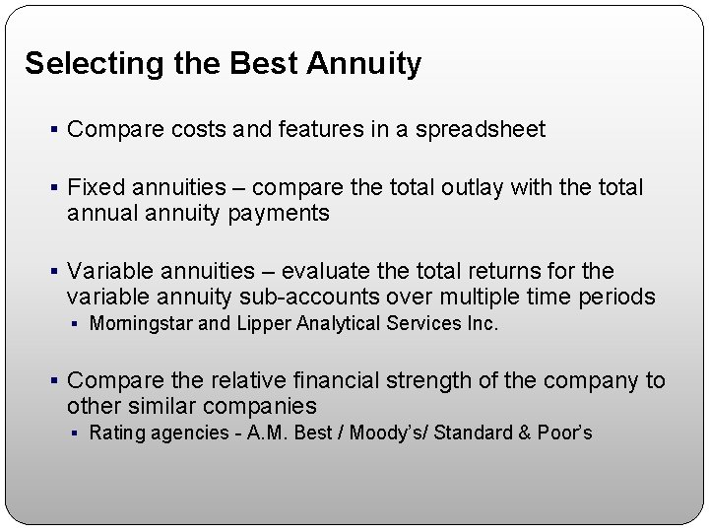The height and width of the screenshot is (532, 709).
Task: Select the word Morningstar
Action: pyautogui.click(x=142, y=323)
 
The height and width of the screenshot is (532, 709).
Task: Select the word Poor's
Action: pyautogui.click(x=565, y=432)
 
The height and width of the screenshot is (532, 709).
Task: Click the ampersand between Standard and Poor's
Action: pyautogui.click(x=523, y=432)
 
